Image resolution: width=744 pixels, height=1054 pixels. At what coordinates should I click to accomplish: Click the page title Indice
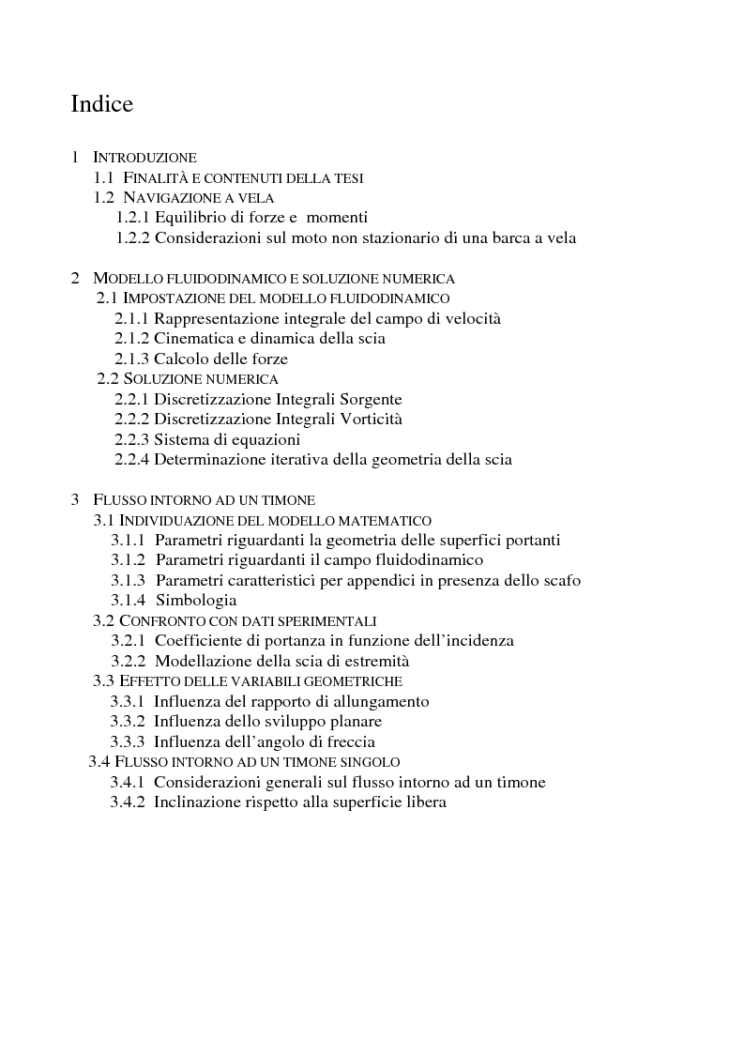point(101,103)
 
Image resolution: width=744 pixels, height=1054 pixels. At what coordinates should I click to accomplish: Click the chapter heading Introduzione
point(144,158)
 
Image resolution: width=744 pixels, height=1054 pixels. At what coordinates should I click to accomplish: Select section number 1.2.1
point(133,218)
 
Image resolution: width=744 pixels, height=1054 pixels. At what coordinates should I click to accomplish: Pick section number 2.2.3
point(132,439)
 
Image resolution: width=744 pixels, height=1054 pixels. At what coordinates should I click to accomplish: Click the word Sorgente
point(368,399)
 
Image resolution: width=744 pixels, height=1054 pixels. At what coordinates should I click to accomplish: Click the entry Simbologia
point(196,600)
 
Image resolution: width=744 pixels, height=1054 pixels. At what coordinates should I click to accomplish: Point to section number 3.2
point(103,620)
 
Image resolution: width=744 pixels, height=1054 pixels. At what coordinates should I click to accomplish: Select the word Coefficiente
point(199,640)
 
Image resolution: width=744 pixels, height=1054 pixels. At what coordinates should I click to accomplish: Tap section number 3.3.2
point(128,722)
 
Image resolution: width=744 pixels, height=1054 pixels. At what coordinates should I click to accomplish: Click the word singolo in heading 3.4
point(369,762)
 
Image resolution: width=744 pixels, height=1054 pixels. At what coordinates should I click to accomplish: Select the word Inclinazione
point(199,802)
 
